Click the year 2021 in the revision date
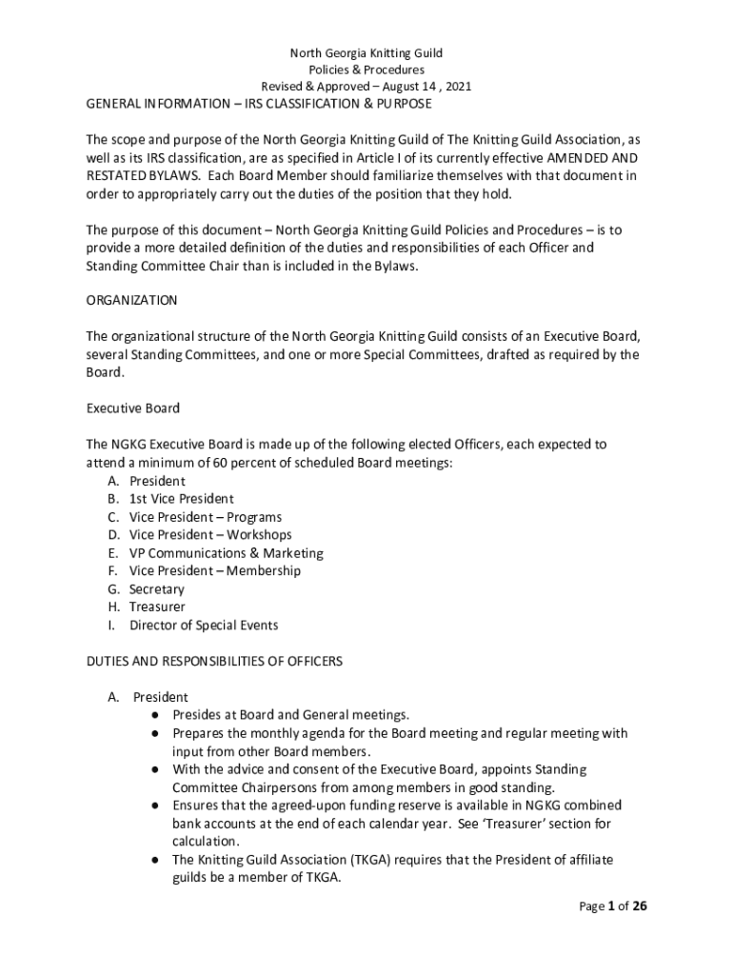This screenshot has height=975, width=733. (457, 86)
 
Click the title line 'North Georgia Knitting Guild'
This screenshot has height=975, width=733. (366, 52)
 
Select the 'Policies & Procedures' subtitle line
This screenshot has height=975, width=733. (366, 70)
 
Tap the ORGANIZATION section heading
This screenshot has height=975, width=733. (131, 300)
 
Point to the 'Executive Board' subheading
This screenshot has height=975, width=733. (133, 408)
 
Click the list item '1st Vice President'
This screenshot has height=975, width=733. (181, 499)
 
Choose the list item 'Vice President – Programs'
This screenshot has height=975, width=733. (206, 517)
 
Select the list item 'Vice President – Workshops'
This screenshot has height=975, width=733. (210, 535)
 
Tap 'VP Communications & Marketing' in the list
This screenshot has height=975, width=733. (227, 553)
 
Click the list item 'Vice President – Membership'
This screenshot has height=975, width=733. (215, 571)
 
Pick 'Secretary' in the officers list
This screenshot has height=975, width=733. (157, 589)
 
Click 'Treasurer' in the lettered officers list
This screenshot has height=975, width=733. (157, 607)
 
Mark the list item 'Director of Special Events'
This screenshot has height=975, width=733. (204, 626)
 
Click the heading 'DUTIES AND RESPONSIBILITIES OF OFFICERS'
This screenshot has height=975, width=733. (214, 661)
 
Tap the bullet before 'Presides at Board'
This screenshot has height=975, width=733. (153, 715)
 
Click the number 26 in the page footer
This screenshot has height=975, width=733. (639, 906)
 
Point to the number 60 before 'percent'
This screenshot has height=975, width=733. (222, 463)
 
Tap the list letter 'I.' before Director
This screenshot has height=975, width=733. (111, 626)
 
